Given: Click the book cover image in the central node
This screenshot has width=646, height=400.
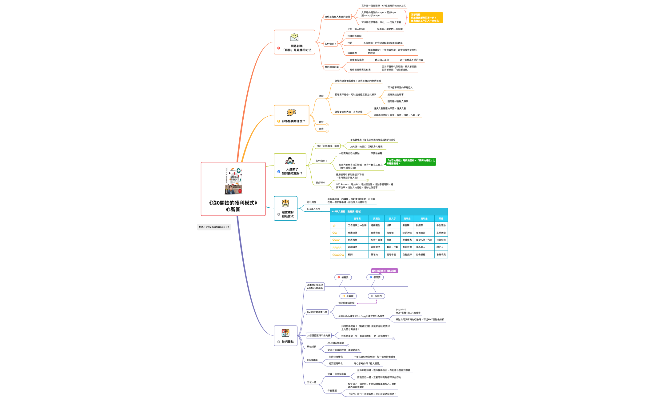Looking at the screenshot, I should [x=233, y=181].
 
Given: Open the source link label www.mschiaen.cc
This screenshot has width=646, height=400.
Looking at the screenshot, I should [x=214, y=227].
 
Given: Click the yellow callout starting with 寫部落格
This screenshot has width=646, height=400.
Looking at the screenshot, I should [x=426, y=18].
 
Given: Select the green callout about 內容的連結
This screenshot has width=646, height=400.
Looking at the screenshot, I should [x=411, y=162].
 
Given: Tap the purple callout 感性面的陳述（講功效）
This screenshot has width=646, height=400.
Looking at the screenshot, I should [x=384, y=271].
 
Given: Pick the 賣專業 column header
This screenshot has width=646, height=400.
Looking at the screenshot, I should [x=357, y=218].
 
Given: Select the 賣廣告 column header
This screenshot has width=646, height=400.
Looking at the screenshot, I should [x=377, y=218].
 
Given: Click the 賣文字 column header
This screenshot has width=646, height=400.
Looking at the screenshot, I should [x=392, y=218].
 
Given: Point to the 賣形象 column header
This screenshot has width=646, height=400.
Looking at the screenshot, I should [x=424, y=218].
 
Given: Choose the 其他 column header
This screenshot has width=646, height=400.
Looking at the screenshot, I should [x=441, y=218].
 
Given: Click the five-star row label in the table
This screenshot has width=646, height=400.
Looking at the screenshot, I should [x=338, y=254].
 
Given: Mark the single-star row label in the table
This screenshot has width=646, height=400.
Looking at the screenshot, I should [x=334, y=225].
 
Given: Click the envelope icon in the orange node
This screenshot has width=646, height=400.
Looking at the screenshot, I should [x=294, y=37].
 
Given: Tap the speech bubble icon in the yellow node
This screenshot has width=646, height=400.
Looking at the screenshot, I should [x=291, y=112].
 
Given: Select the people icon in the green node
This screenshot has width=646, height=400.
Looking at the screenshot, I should [x=289, y=161].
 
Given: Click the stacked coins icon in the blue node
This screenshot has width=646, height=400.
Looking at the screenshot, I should [x=285, y=203].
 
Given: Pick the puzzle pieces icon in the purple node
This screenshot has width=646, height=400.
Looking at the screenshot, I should [x=285, y=333].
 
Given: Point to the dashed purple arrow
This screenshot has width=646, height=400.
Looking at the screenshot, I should [x=366, y=304].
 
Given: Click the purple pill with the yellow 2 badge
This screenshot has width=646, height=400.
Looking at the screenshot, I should [x=348, y=296].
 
